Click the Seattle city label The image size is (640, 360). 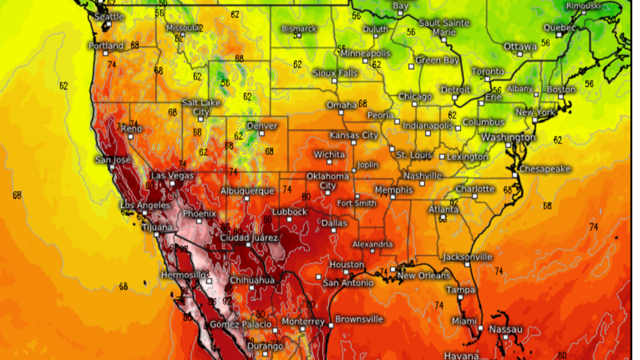click(x=109, y=16)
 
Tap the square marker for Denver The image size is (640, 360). click(x=262, y=134)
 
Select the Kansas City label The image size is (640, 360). click(x=354, y=135)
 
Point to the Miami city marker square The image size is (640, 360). click(x=480, y=328)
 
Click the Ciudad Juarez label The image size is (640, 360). click(x=249, y=238)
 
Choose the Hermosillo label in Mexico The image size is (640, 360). click(x=182, y=275)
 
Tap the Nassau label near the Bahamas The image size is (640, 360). click(x=505, y=329)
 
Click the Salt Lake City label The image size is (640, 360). click(x=201, y=107)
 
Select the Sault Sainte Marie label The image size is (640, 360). click(x=444, y=27)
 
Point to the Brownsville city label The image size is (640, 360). click(x=359, y=319)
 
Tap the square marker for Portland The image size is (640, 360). click(x=105, y=53)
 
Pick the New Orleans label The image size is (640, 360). click(x=424, y=276)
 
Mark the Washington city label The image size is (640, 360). click(x=508, y=137)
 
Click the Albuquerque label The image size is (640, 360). click(x=247, y=191)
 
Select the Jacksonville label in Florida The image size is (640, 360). click(x=467, y=257)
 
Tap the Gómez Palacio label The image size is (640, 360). click(x=241, y=325)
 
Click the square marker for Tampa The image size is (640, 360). click(x=460, y=298)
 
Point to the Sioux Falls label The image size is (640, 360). click(x=335, y=73)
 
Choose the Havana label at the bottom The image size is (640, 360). click(x=461, y=356)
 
